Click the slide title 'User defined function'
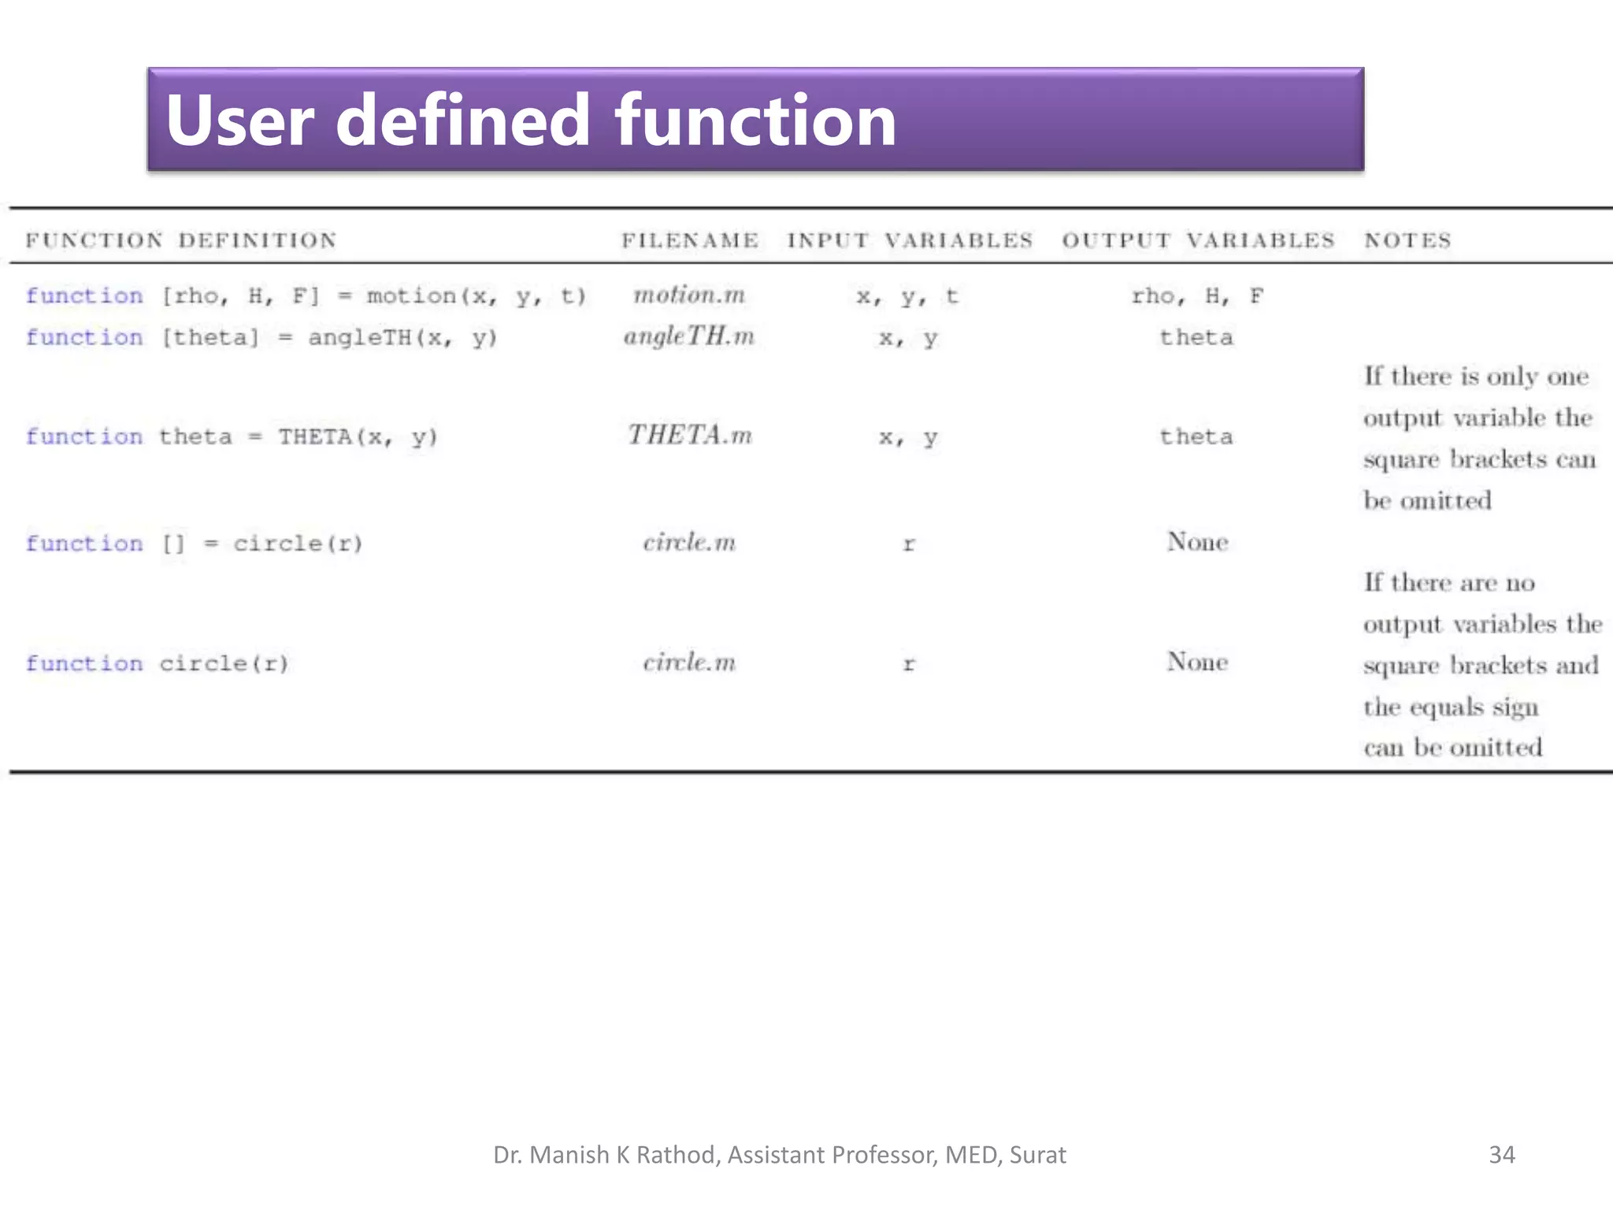click(x=531, y=120)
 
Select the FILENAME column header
click(x=690, y=240)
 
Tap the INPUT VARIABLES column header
click(x=910, y=240)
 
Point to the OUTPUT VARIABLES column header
click(x=1198, y=240)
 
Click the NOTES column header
click(x=1407, y=240)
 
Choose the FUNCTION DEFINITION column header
click(x=181, y=240)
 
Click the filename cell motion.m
click(x=689, y=295)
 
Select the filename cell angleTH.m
click(x=689, y=337)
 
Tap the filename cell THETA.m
click(x=690, y=435)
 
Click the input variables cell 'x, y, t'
click(x=907, y=297)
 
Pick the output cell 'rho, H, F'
click(x=1197, y=296)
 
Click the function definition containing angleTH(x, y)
click(x=261, y=338)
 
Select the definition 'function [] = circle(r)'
click(x=194, y=544)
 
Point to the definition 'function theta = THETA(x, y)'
click(x=232, y=436)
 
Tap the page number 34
click(x=1501, y=1155)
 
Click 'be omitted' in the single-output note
click(x=1427, y=500)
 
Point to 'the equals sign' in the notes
click(x=1451, y=707)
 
